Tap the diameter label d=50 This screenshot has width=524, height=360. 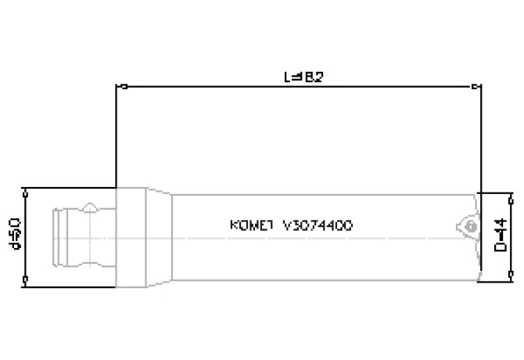click(13, 237)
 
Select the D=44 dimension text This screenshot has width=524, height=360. click(500, 236)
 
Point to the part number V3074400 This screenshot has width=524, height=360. click(317, 225)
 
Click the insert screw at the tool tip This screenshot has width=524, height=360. click(469, 225)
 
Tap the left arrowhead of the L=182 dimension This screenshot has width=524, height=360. click(120, 87)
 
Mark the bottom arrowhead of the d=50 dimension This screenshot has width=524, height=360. click(26, 283)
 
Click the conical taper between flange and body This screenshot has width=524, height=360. click(159, 237)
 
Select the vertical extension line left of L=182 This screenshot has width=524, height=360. click(117, 137)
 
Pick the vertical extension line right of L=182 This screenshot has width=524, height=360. click(479, 137)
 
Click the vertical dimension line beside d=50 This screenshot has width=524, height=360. click(26, 237)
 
